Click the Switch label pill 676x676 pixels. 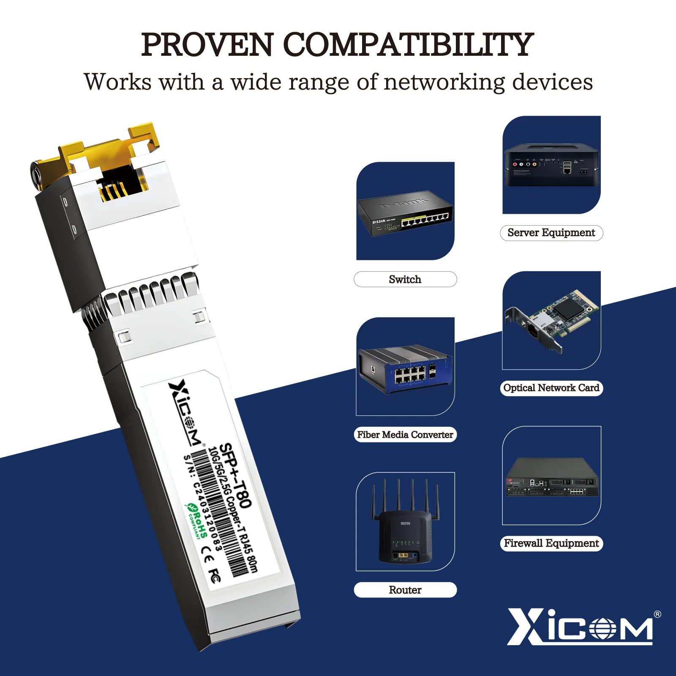(405, 279)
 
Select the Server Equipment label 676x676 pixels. (551, 233)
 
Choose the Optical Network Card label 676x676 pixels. (551, 388)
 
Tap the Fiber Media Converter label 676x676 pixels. (405, 435)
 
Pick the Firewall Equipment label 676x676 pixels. (551, 543)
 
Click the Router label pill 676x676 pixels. (405, 590)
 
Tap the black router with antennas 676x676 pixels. (405, 532)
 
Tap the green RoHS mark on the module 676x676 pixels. (197, 521)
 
